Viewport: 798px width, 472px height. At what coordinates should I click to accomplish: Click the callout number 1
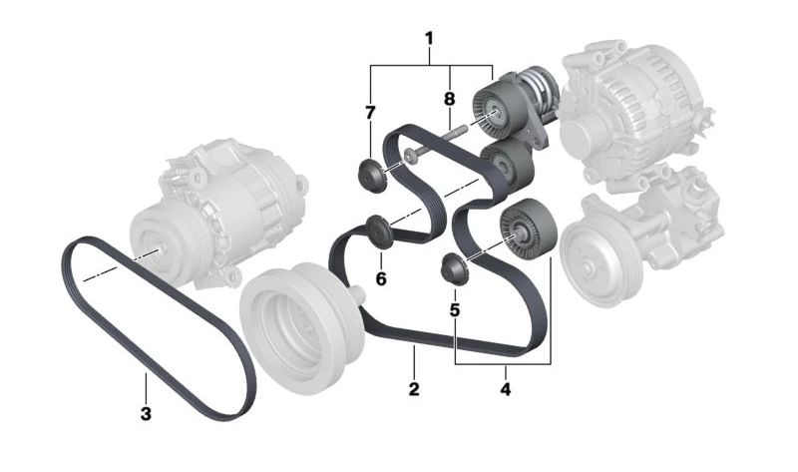pyautogui.click(x=429, y=38)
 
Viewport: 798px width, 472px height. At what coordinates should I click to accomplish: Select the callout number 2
pyautogui.click(x=414, y=389)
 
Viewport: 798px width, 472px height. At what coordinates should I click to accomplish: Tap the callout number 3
pyautogui.click(x=146, y=413)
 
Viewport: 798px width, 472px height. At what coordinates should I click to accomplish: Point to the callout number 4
pyautogui.click(x=505, y=389)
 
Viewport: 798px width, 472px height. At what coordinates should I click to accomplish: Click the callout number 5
pyautogui.click(x=455, y=309)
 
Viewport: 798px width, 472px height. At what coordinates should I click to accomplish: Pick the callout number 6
pyautogui.click(x=381, y=278)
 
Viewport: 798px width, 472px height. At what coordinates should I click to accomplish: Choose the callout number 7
pyautogui.click(x=370, y=113)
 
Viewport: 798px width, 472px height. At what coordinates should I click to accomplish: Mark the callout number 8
pyautogui.click(x=449, y=99)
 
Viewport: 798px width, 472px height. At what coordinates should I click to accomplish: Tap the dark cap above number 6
pyautogui.click(x=379, y=233)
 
